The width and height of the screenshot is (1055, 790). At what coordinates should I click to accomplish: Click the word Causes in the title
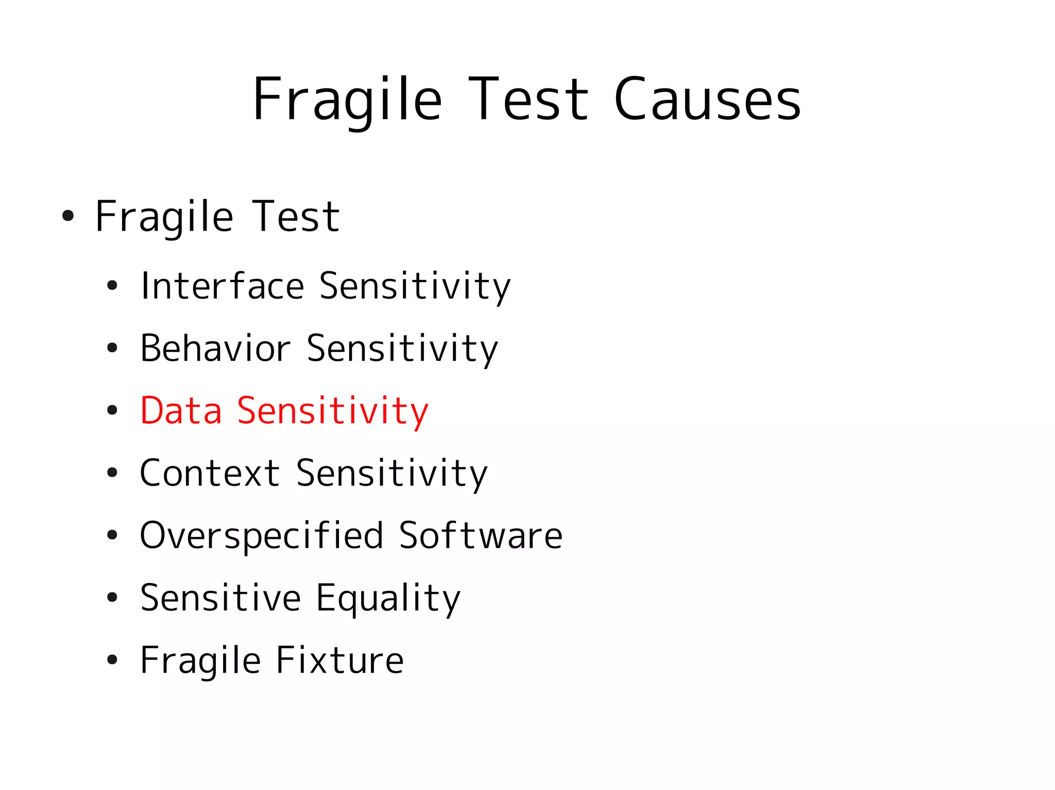(x=707, y=99)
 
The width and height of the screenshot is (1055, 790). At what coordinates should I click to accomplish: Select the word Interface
(x=222, y=286)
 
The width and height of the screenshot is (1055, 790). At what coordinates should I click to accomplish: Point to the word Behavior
(x=215, y=348)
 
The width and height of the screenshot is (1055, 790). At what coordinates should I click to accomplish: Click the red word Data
(x=181, y=411)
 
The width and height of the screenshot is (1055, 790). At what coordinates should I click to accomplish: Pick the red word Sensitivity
(x=332, y=412)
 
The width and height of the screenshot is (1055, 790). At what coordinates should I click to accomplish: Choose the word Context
(x=210, y=473)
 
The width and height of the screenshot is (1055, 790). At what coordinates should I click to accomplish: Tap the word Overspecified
(x=262, y=536)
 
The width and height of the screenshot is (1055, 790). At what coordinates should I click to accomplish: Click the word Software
(x=480, y=535)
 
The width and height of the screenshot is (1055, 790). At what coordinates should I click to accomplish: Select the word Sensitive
(x=220, y=598)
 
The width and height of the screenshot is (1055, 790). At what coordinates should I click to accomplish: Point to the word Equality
(x=388, y=599)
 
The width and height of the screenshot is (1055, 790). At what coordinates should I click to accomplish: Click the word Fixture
(x=339, y=660)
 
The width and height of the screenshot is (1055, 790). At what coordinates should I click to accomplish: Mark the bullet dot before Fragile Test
(x=67, y=216)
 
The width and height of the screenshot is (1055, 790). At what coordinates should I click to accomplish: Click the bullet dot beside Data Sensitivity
(x=112, y=411)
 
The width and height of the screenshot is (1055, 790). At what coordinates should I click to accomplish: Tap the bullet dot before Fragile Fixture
(x=112, y=660)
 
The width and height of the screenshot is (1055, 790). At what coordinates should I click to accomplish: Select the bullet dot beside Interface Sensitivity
(x=112, y=286)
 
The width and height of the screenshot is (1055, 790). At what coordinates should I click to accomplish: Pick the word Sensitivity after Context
(x=392, y=474)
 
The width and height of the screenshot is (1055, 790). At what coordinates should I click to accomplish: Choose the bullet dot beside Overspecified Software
(x=112, y=535)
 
